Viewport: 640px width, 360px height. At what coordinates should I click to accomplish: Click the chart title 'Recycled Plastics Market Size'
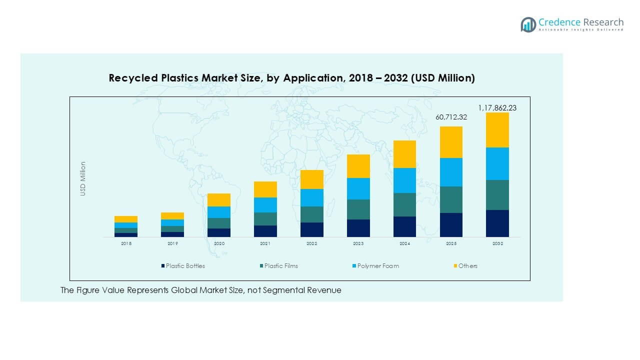291,78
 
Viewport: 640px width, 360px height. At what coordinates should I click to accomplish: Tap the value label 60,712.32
450,117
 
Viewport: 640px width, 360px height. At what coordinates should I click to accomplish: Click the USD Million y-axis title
83,178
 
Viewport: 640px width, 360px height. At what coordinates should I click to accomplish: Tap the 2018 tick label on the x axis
126,243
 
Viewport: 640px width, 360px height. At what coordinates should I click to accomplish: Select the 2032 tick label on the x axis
497,243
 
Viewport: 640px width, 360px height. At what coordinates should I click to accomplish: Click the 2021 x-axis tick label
265,243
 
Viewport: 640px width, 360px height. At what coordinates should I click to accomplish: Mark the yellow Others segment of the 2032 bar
497,130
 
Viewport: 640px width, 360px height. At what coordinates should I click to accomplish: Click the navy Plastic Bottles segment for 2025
451,225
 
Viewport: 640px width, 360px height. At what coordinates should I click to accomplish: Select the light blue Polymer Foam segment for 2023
358,188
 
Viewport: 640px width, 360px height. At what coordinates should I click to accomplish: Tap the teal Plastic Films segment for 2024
404,204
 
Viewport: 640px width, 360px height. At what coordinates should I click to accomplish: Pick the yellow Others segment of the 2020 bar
219,200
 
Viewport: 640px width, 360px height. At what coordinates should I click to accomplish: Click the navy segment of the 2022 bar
311,229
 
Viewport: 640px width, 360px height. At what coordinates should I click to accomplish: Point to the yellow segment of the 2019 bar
172,216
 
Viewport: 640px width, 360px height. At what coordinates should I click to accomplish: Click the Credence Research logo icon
528,24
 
